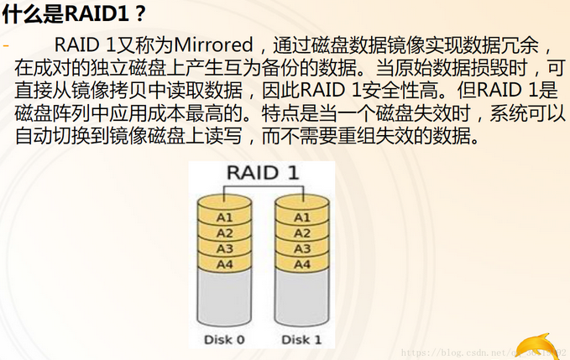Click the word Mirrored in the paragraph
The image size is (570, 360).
click(215, 44)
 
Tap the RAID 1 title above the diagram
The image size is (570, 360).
click(262, 174)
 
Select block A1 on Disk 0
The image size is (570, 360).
click(224, 217)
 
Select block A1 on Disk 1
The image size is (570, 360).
click(301, 217)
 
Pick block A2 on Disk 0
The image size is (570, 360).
click(224, 233)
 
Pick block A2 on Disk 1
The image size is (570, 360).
click(301, 233)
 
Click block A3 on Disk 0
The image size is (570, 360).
click(224, 249)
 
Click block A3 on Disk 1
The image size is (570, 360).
click(301, 249)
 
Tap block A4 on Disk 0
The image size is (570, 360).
click(224, 265)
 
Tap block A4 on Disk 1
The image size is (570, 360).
click(301, 265)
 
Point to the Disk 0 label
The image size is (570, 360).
click(224, 340)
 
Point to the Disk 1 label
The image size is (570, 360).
click(301, 340)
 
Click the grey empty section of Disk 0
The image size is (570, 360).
click(224, 298)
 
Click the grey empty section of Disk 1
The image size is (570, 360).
click(301, 298)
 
